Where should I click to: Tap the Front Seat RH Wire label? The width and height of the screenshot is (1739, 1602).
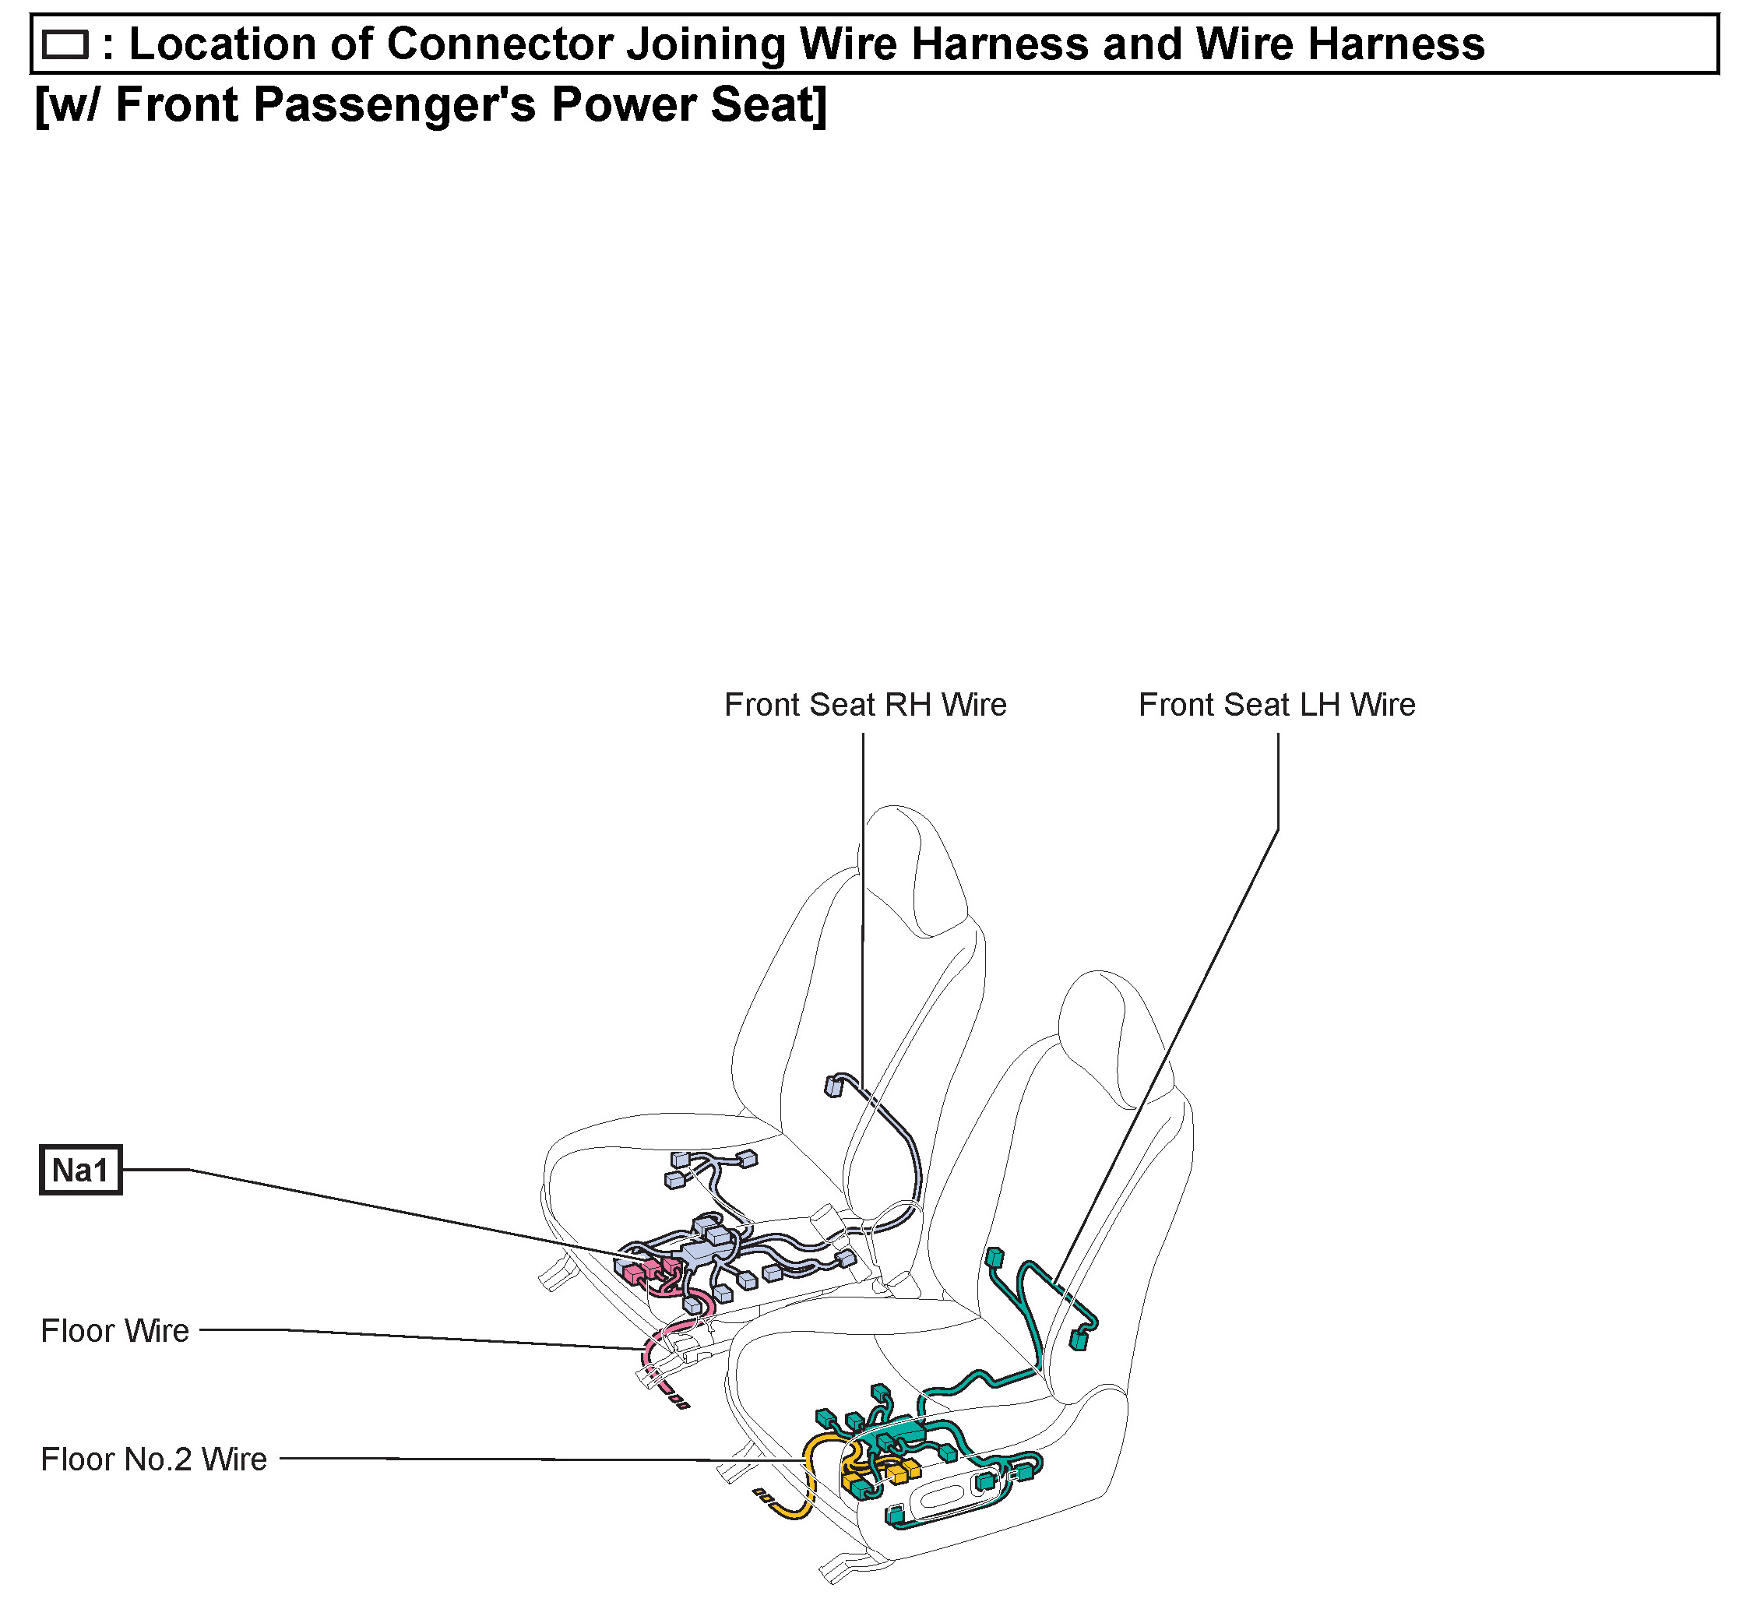pos(864,705)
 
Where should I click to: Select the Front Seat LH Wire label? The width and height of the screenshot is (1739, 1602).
pos(1276,705)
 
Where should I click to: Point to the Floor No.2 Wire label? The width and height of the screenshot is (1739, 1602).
pos(153,1459)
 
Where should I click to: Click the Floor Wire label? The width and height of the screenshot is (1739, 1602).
pos(114,1331)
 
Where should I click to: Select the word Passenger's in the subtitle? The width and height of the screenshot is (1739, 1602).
pos(394,105)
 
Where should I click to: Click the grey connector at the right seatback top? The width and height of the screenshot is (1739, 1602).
pos(833,1086)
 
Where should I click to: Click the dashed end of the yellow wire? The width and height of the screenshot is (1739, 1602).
pos(764,1495)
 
